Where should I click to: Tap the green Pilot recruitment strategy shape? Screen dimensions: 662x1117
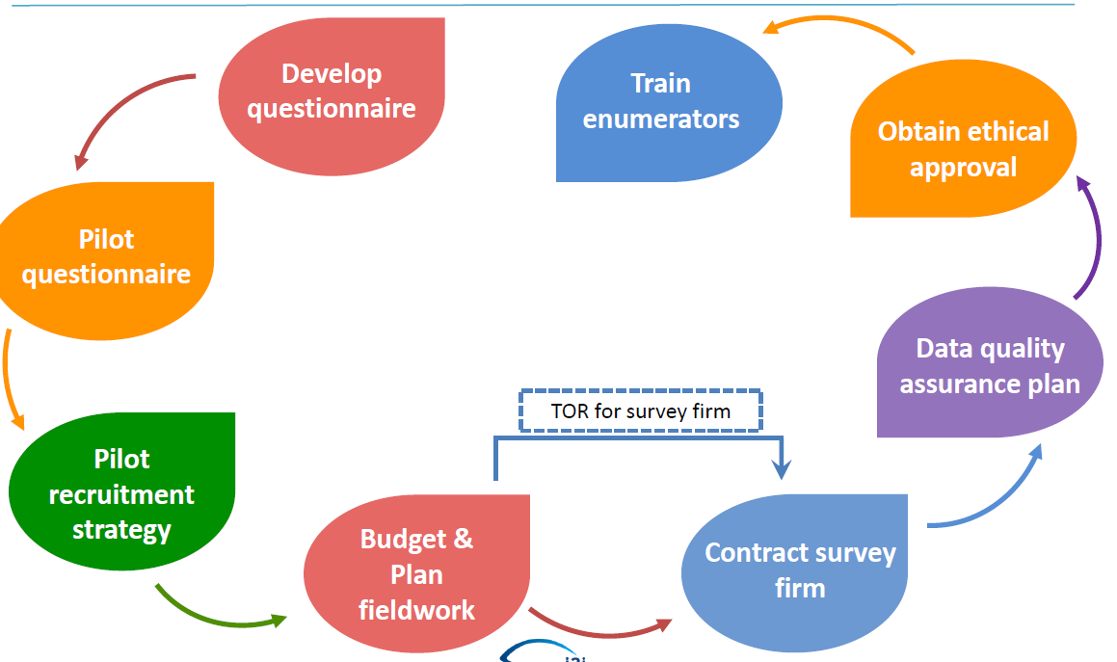[x=121, y=493]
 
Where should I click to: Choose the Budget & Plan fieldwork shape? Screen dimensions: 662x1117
[x=416, y=573]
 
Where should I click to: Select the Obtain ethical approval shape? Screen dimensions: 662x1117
[x=963, y=148]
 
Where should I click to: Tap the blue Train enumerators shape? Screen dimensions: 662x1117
[x=661, y=101]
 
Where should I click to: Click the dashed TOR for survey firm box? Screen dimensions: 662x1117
[x=641, y=411]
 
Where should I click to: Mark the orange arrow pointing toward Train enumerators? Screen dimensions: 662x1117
[x=838, y=29]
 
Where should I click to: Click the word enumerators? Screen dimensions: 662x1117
[x=661, y=119]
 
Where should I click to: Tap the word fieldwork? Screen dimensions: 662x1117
[x=416, y=609]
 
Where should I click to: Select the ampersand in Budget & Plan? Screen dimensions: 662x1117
[x=464, y=539]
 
